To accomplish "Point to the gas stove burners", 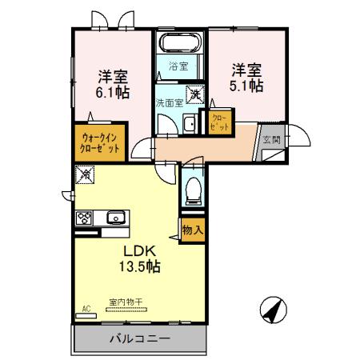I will pyautogui.click(x=84, y=217).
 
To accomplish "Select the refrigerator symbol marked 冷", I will pyautogui.click(x=85, y=173).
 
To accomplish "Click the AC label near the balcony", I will pyautogui.click(x=86, y=307).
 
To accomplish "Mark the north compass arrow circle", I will pyautogui.click(x=272, y=309).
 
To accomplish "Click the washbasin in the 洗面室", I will pyautogui.click(x=189, y=123).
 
